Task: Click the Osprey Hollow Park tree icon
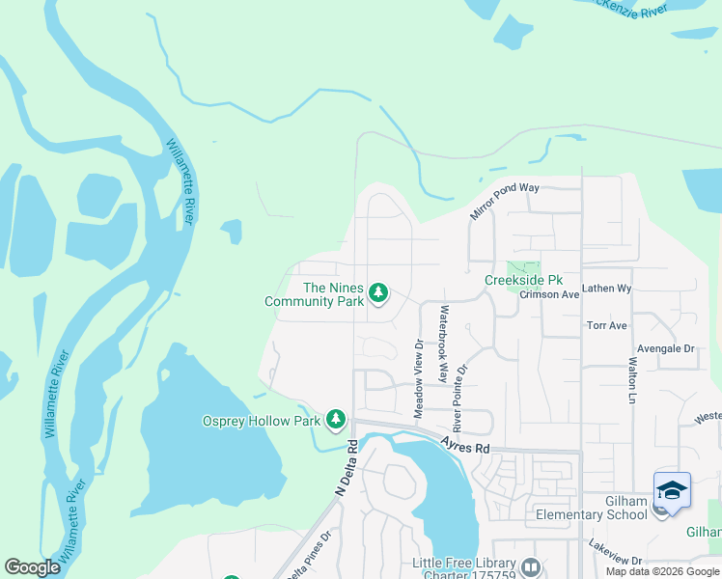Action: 336,419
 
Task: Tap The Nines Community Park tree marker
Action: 378,291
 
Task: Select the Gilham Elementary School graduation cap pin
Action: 672,490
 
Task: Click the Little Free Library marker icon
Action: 530,566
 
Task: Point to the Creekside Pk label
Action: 523,281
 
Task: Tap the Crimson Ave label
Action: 548,294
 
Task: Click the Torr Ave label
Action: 606,326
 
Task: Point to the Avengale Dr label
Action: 665,348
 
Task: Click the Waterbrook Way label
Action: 444,345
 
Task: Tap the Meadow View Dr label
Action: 419,378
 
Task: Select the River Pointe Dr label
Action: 462,398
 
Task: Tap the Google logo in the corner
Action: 32,567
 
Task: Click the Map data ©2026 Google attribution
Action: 663,571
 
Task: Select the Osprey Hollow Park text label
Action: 261,421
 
